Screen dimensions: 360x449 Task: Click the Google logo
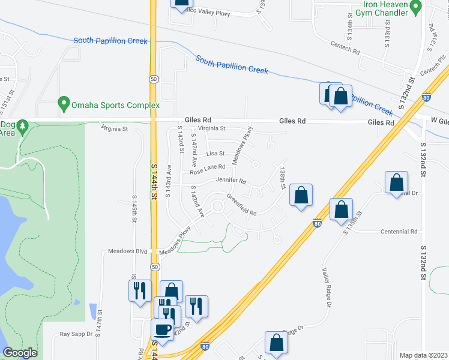tap(20, 353)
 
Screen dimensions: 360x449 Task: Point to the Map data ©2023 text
tap(423, 355)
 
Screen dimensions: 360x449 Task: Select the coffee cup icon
tap(162, 329)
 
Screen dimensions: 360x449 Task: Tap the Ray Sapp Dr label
tap(76, 334)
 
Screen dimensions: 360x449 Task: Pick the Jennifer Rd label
tap(231, 181)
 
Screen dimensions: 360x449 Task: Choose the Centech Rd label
tap(345, 47)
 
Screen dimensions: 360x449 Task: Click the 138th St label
tap(282, 178)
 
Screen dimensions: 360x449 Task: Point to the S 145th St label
tap(133, 207)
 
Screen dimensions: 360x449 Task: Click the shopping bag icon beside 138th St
tap(301, 195)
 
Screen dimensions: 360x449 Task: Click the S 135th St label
tap(354, 222)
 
